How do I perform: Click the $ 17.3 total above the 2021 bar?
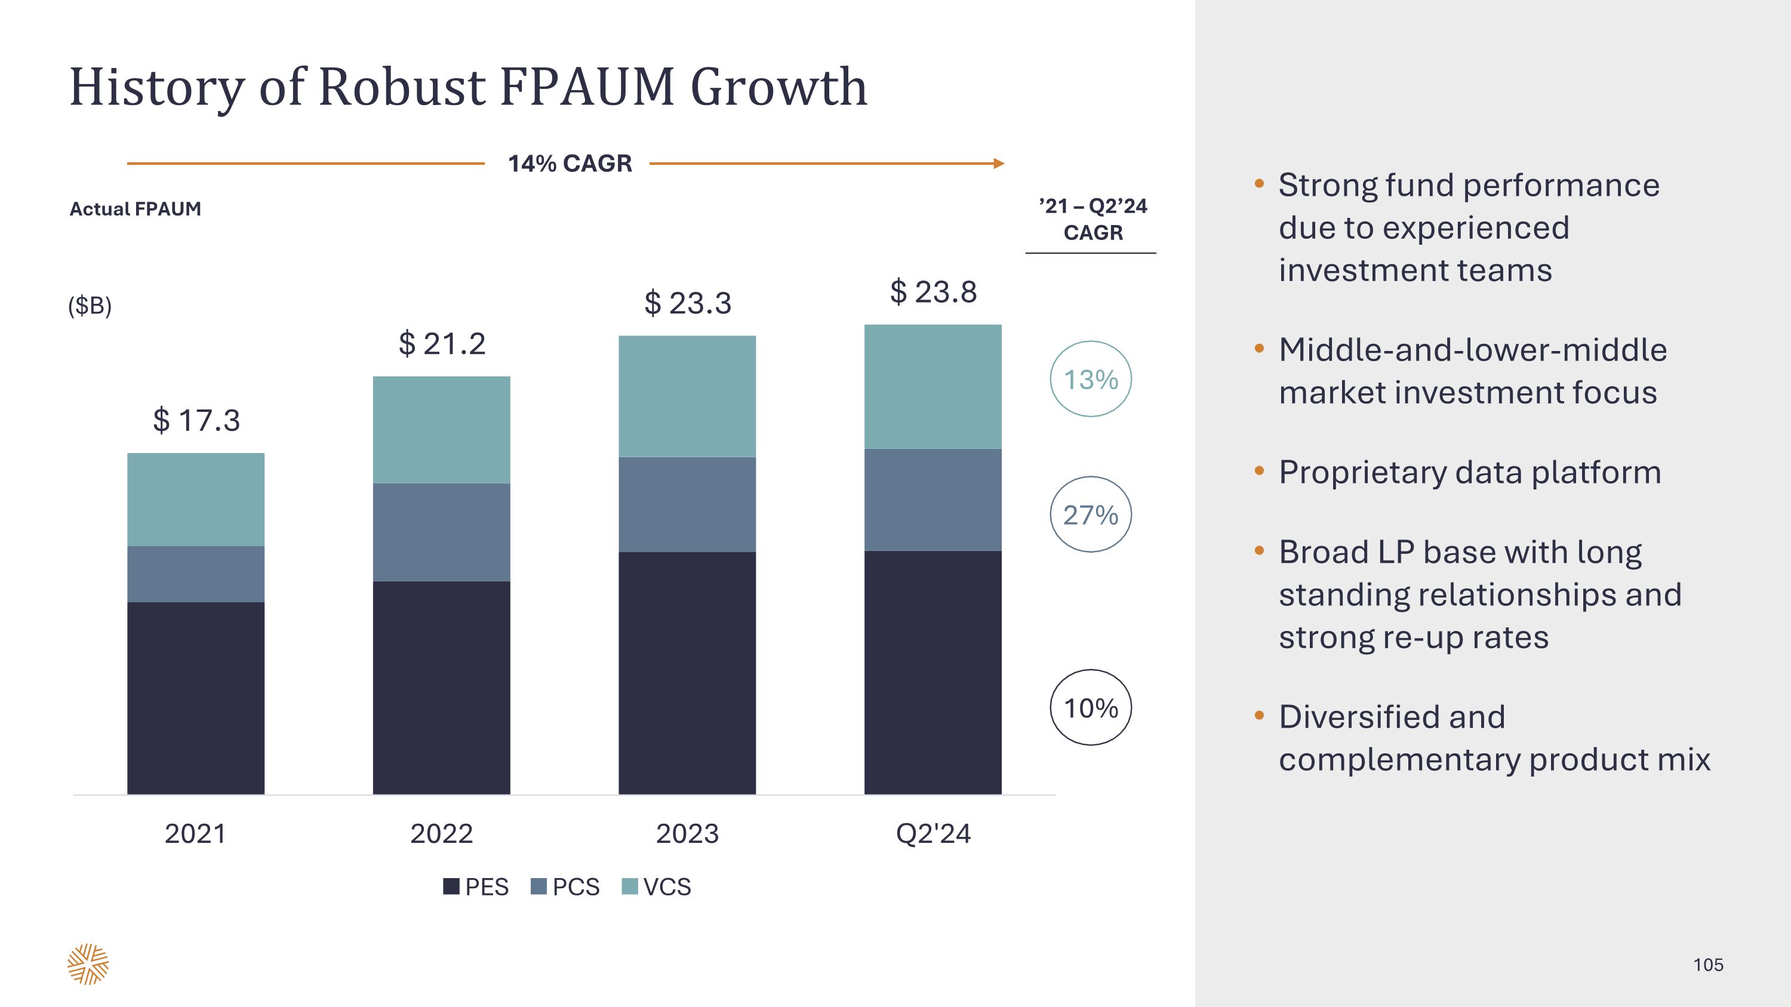(x=196, y=420)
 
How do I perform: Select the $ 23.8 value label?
(x=933, y=292)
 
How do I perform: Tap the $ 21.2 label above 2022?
(x=442, y=344)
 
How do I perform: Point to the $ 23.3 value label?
(x=688, y=303)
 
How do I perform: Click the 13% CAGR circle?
(x=1090, y=380)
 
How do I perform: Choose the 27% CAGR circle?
(x=1090, y=515)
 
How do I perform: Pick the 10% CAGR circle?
(x=1090, y=708)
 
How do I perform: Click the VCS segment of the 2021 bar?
(x=196, y=499)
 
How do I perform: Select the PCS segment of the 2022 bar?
(x=442, y=532)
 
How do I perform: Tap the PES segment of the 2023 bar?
(x=688, y=673)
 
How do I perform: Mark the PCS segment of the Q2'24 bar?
(x=933, y=500)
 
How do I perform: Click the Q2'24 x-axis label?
(x=933, y=834)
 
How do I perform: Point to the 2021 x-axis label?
(x=196, y=834)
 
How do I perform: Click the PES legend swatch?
(x=451, y=887)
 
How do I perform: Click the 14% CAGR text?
(x=570, y=164)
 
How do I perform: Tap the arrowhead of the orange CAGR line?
(x=999, y=164)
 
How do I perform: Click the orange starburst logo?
(x=88, y=964)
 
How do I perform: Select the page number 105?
(x=1707, y=965)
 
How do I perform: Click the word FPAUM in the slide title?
(x=587, y=88)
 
